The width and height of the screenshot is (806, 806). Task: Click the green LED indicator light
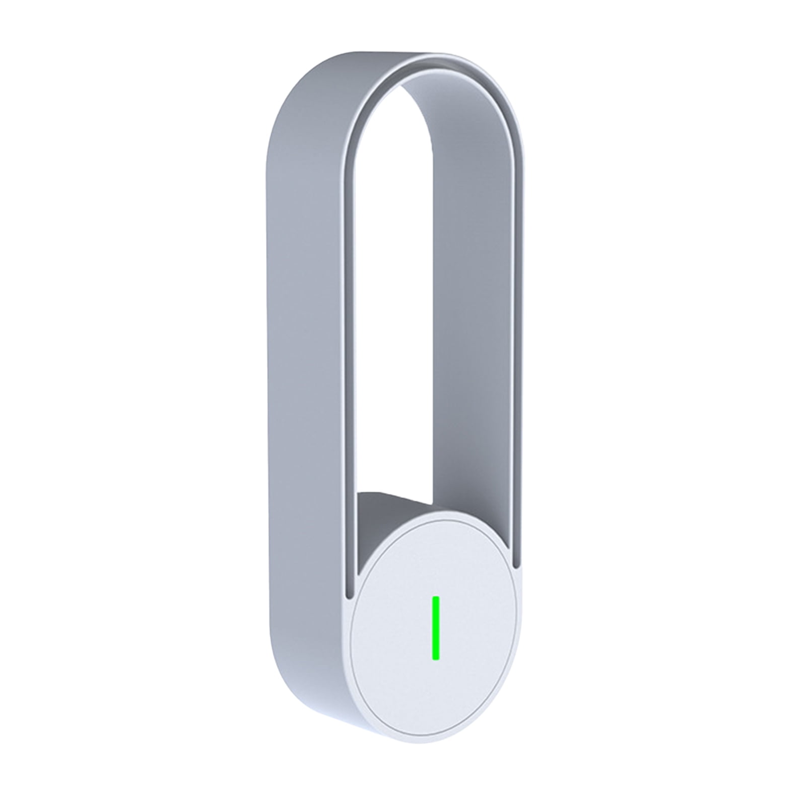click(436, 628)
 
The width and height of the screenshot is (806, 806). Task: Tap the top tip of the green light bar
click(436, 598)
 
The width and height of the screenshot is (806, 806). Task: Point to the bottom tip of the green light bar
click(436, 658)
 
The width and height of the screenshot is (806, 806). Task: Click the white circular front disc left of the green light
click(388, 630)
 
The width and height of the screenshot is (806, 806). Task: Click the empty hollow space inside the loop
click(398, 302)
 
